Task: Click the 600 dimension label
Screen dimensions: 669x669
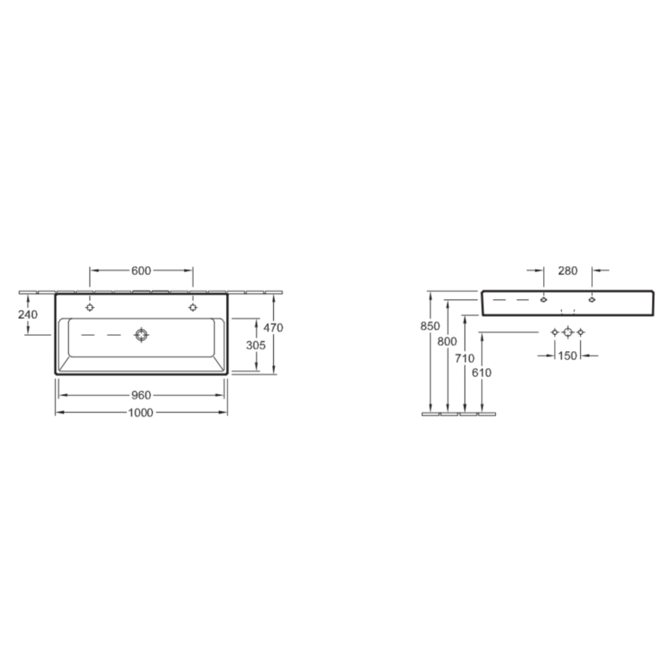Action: (141, 271)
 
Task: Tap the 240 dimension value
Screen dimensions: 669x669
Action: (28, 314)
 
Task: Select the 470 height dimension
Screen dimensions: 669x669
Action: (273, 328)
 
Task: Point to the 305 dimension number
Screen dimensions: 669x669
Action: (256, 345)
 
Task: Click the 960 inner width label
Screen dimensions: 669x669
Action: (141, 395)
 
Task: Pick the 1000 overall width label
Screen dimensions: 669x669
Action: (140, 413)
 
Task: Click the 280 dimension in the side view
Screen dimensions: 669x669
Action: (568, 271)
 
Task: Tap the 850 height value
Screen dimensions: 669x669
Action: (430, 326)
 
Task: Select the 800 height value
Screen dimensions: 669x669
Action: (447, 342)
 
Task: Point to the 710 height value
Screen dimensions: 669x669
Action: (464, 358)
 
